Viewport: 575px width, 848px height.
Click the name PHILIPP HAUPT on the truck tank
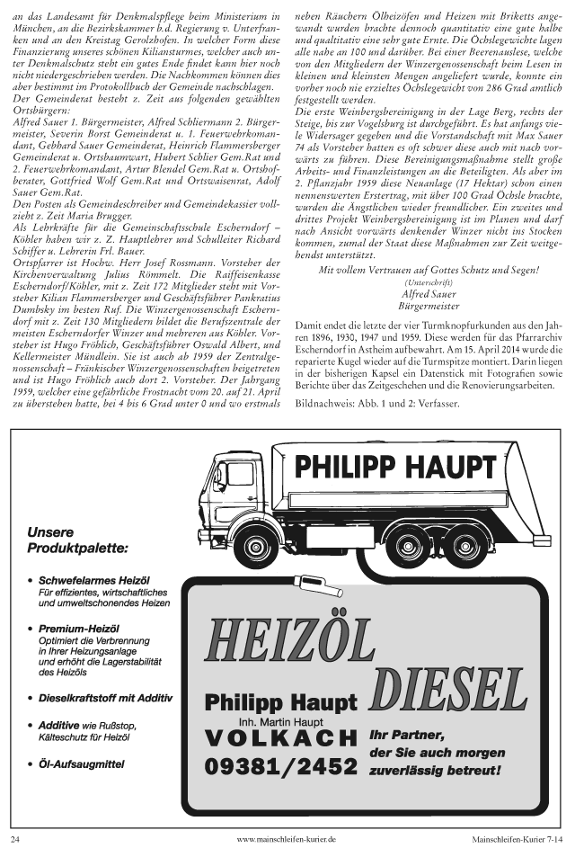(x=396, y=467)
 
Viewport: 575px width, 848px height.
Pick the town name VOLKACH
(x=280, y=738)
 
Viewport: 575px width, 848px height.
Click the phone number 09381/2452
(x=280, y=767)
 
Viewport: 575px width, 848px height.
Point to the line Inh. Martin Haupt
(x=280, y=721)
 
